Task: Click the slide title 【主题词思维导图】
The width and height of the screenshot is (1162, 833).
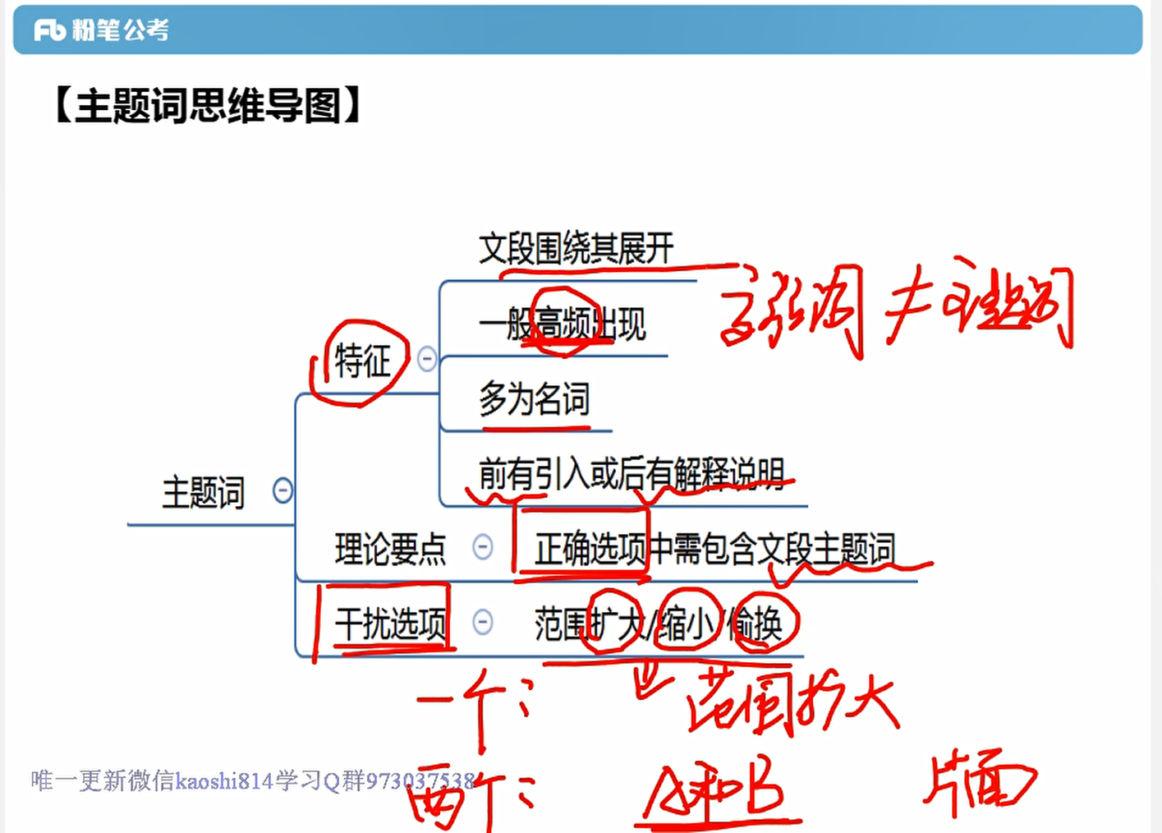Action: tap(208, 107)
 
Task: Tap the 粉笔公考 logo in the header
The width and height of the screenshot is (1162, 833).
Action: tap(102, 30)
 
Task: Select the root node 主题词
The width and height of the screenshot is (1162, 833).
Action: tap(203, 493)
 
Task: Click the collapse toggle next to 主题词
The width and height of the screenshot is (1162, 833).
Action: tap(282, 491)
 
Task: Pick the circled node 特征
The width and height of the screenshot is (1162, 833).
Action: tap(362, 361)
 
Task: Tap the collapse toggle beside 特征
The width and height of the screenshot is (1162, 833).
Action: tap(427, 359)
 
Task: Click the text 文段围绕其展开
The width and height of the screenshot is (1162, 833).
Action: tap(576, 248)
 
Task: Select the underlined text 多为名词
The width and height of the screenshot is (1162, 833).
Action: tap(535, 400)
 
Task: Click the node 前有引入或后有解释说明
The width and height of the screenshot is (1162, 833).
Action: tap(632, 474)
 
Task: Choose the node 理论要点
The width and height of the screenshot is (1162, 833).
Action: tap(390, 549)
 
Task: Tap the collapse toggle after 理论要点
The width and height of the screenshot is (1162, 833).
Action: tap(483, 547)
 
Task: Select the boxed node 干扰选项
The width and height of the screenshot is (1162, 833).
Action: tap(390, 624)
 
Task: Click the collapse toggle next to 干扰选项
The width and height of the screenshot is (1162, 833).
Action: tap(483, 622)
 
